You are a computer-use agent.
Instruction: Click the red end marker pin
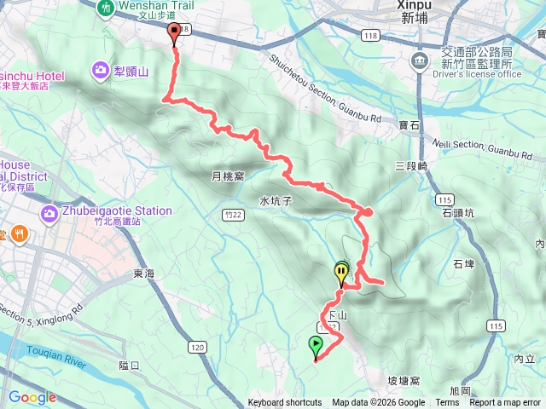(176, 34)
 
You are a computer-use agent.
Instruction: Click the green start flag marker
(316, 345)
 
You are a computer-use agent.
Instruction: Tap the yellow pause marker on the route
(342, 274)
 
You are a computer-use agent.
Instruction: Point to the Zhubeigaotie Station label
(117, 210)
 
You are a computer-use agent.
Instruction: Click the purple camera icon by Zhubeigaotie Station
(49, 210)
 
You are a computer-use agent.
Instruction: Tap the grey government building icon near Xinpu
(419, 60)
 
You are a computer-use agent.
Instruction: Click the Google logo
(32, 397)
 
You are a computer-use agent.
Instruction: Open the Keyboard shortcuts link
(285, 403)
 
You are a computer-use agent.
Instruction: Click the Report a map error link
(506, 403)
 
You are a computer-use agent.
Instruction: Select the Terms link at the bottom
(447, 403)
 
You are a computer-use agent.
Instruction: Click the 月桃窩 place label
(228, 177)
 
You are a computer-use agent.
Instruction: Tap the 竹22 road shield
(229, 216)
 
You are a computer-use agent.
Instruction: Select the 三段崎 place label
(410, 167)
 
